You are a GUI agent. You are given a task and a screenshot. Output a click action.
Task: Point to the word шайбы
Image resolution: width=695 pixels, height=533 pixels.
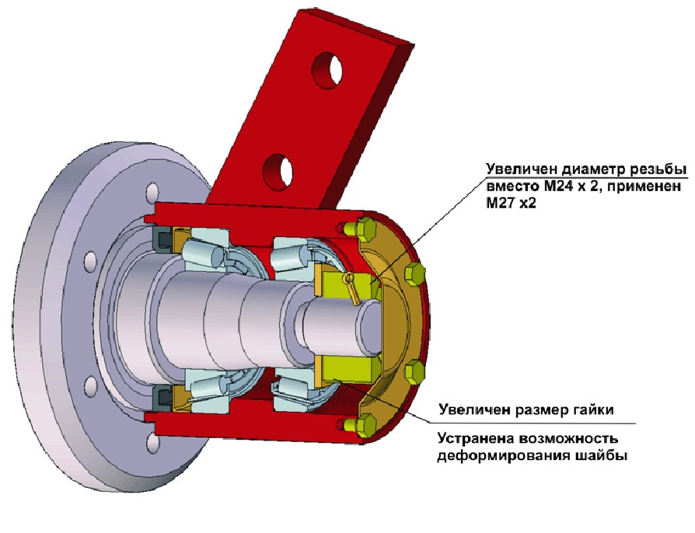click(x=602, y=455)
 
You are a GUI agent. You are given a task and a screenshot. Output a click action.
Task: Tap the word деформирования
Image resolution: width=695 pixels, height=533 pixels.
click(x=501, y=455)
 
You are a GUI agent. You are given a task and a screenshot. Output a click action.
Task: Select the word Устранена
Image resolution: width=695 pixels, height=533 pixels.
click(x=476, y=437)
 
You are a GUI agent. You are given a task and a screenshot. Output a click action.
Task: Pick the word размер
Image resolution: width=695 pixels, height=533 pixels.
click(x=540, y=408)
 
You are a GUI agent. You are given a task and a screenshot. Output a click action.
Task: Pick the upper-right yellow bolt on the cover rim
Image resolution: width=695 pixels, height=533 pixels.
click(x=415, y=273)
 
